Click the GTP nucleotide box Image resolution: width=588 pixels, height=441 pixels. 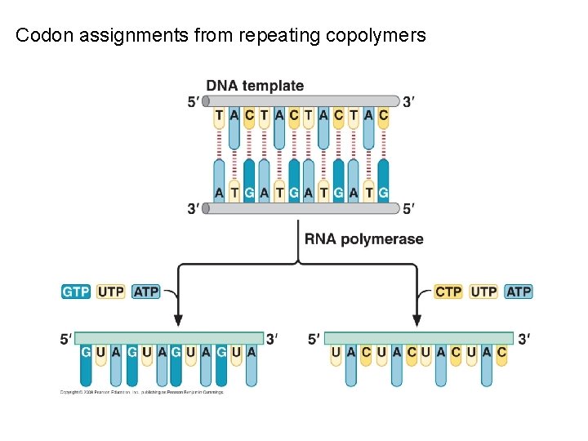click(x=76, y=292)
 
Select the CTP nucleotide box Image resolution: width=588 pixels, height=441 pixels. click(x=448, y=292)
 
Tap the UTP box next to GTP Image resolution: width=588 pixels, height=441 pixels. click(x=111, y=292)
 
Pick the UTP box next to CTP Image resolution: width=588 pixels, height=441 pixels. click(x=483, y=292)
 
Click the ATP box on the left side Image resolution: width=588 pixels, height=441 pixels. click(x=146, y=292)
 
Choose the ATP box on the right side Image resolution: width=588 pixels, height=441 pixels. click(x=519, y=292)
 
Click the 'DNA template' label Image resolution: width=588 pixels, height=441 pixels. click(x=255, y=86)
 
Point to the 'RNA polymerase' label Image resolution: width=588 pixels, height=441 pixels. click(x=364, y=239)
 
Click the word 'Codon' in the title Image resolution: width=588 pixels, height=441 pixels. click(x=40, y=35)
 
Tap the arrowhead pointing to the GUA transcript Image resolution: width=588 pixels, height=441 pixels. click(x=178, y=320)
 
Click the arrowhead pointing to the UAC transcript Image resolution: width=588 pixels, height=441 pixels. click(x=417, y=320)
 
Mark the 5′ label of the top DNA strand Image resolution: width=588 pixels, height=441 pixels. click(x=193, y=102)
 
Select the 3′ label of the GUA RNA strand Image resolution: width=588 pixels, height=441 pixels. click(x=273, y=338)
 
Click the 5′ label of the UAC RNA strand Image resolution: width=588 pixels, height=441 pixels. click(x=314, y=338)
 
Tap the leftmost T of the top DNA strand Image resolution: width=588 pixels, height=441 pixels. click(x=219, y=115)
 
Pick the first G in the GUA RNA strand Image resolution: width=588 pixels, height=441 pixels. click(x=86, y=352)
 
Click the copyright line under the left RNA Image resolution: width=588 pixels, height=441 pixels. click(x=140, y=392)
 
